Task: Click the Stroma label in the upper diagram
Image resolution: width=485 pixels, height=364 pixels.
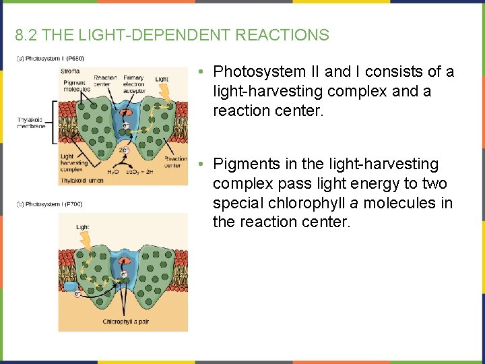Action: pyautogui.click(x=70, y=71)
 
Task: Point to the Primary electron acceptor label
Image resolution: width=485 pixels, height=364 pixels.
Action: pyautogui.click(x=133, y=85)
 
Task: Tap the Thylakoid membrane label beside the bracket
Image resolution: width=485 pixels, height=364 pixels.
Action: pyautogui.click(x=32, y=123)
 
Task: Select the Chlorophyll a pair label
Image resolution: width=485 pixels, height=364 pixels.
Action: pyautogui.click(x=126, y=322)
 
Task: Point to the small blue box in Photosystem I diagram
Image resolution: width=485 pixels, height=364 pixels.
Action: pyautogui.click(x=71, y=286)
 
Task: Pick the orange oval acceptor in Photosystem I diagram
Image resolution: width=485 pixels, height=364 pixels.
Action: pyautogui.click(x=124, y=260)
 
